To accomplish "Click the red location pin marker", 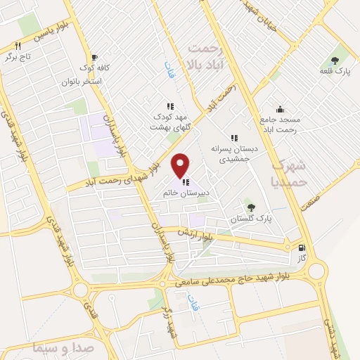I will [181, 165].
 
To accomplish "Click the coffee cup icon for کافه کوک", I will [95, 58].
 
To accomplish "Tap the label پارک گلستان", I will [250, 219].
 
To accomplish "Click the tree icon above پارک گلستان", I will [250, 206].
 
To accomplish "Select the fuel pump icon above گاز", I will [302, 247].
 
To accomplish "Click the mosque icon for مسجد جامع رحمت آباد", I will [280, 109].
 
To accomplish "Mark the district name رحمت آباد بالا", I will [205, 56].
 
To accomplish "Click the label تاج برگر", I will [20, 56].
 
